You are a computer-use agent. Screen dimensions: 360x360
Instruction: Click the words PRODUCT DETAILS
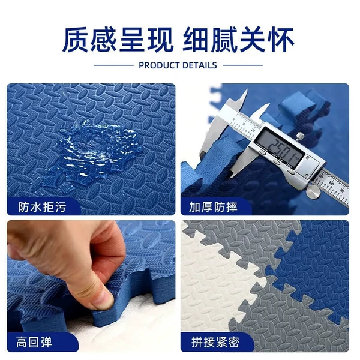pyautogui.click(x=178, y=65)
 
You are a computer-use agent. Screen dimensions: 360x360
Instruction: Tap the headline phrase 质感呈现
pyautogui.click(x=118, y=40)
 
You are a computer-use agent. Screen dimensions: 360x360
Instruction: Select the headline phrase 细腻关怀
pyautogui.click(x=239, y=40)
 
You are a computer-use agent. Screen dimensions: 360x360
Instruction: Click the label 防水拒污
pyautogui.click(x=42, y=207)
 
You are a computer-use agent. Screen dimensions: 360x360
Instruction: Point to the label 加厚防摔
pyautogui.click(x=213, y=207)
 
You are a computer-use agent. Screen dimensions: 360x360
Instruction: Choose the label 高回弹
pyautogui.click(x=34, y=342)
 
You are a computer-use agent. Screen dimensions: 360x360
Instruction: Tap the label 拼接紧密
pyautogui.click(x=215, y=343)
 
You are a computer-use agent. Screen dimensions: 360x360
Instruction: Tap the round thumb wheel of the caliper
pyautogui.click(x=313, y=191)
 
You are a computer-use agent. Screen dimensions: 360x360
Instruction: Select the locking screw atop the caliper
pyautogui.click(x=299, y=136)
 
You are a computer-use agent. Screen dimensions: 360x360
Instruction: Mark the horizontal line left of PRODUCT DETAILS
pyautogui.click(x=114, y=65)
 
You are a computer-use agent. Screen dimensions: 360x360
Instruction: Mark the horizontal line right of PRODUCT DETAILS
pyautogui.click(x=243, y=65)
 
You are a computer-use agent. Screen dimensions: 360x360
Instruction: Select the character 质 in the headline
pyautogui.click(x=76, y=40)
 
